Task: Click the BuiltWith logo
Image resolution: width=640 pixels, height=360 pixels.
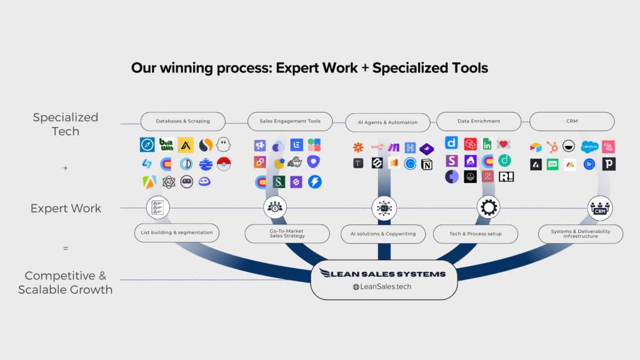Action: pyautogui.click(x=166, y=145)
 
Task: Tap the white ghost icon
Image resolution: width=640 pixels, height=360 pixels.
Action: pyautogui.click(x=224, y=145)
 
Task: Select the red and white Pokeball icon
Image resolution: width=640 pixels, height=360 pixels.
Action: pyautogui.click(x=224, y=164)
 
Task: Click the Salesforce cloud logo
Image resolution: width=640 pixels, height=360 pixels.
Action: pyautogui.click(x=589, y=147)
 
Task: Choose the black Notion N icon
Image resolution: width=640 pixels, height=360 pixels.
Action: pyautogui.click(x=427, y=164)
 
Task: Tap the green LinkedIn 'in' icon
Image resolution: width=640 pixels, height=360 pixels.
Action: pyautogui.click(x=487, y=144)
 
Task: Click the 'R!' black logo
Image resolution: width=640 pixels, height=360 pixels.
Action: pyautogui.click(x=506, y=177)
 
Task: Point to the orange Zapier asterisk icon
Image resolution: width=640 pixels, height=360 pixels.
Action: pyautogui.click(x=358, y=148)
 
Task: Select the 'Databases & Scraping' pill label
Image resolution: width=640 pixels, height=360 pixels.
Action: pyautogui.click(x=175, y=121)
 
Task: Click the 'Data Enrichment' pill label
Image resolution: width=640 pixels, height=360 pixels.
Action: pyautogui.click(x=478, y=121)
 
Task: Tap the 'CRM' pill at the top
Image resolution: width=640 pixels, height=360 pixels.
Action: pyautogui.click(x=572, y=121)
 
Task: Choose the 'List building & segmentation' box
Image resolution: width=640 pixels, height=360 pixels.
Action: pyautogui.click(x=177, y=232)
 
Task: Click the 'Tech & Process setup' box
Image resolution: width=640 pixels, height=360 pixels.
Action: pyautogui.click(x=475, y=234)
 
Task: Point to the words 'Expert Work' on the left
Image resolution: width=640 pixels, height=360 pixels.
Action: pyautogui.click(x=66, y=209)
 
